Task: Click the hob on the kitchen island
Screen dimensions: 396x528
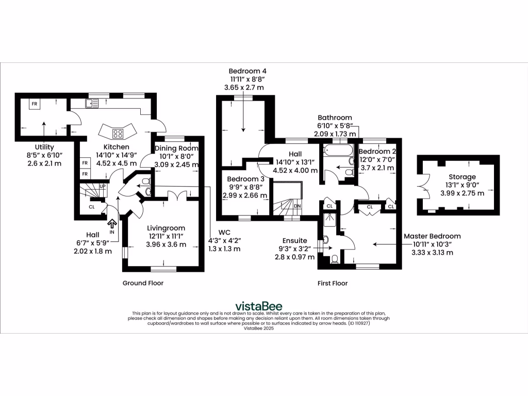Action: pyautogui.click(x=118, y=133)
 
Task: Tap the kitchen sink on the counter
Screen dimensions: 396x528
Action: pyautogui.click(x=93, y=104)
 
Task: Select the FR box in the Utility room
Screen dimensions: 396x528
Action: pyautogui.click(x=35, y=104)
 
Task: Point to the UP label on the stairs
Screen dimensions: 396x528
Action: pyautogui.click(x=103, y=186)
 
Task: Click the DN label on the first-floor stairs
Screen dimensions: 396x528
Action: pyautogui.click(x=297, y=206)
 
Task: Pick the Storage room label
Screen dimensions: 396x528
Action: pyautogui.click(x=461, y=177)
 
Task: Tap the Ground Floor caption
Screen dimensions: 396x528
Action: pyautogui.click(x=143, y=283)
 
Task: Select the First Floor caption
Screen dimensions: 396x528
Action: pyautogui.click(x=333, y=283)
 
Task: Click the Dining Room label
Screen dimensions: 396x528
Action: pyautogui.click(x=176, y=148)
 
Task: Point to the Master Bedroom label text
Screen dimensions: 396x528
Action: pyautogui.click(x=436, y=236)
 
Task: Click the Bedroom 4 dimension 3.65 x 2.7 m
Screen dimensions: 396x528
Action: pyautogui.click(x=244, y=88)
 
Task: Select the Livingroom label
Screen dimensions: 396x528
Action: pyautogui.click(x=166, y=228)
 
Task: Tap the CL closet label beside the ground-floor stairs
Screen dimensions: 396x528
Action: pyautogui.click(x=92, y=207)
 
